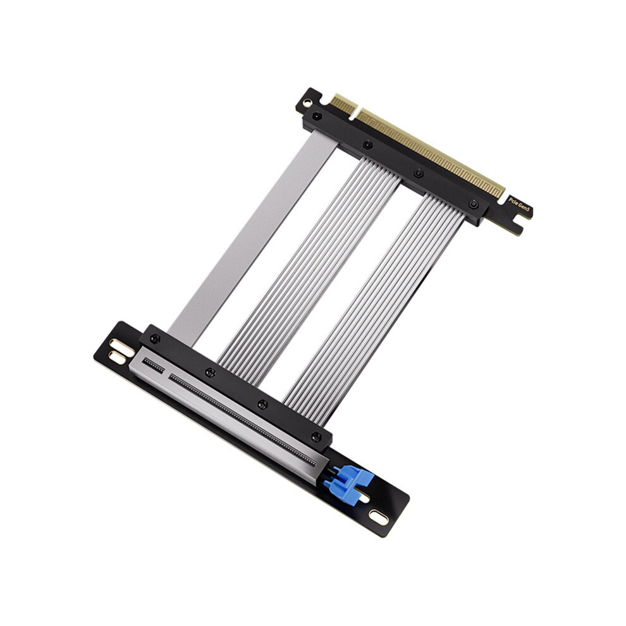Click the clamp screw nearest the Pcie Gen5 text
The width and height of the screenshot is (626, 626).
(x=473, y=204)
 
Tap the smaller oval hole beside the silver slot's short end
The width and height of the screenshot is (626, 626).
(x=117, y=358)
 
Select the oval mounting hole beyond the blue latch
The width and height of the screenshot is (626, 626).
(x=378, y=517)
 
